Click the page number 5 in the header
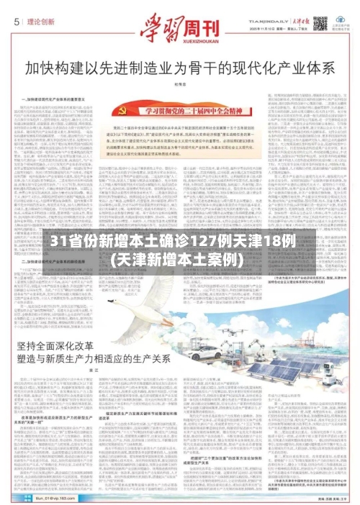click(15, 22)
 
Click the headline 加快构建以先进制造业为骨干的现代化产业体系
click(180, 70)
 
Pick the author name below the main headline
click(181, 85)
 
